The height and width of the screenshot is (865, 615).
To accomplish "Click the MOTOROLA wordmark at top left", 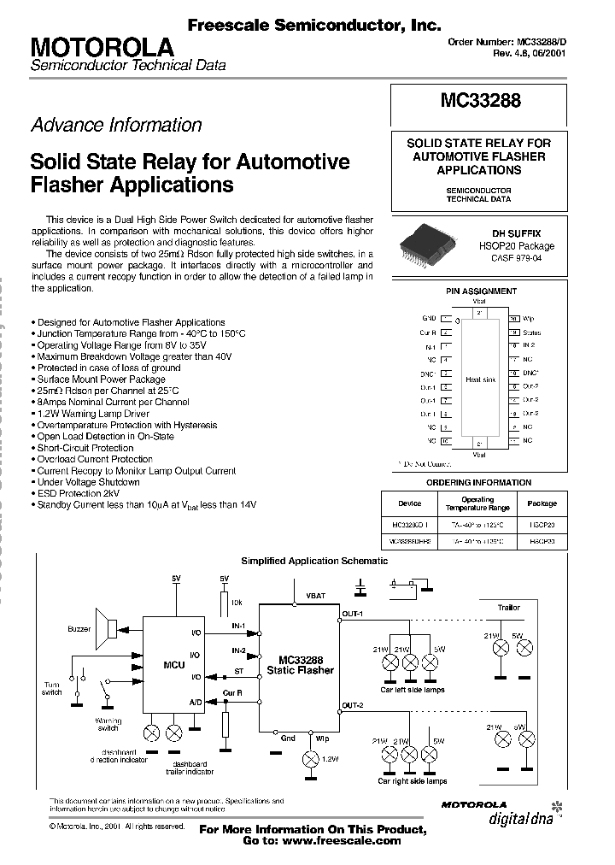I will point(102,46).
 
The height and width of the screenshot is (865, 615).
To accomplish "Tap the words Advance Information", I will point(116,125).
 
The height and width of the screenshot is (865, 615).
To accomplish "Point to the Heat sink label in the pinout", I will point(479,379).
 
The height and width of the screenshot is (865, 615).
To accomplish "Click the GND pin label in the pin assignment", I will point(429,317).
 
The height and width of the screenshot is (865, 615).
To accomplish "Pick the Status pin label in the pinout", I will point(531,332).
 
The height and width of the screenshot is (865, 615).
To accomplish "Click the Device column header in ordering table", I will point(409,503).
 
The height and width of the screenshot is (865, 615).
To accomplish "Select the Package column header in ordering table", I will point(542,503).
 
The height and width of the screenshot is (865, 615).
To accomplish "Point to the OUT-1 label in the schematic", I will point(353,614).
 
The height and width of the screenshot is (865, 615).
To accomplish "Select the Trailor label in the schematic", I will point(509,608).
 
